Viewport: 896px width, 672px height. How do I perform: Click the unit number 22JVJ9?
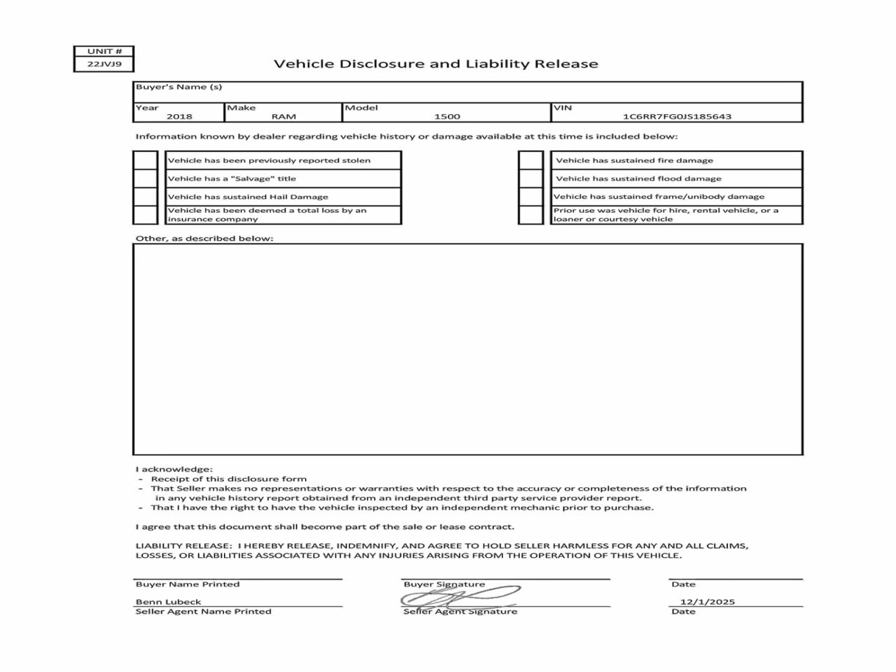104,64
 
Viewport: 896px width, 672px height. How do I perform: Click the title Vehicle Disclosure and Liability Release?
435,64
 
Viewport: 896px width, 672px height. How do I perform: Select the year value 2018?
179,116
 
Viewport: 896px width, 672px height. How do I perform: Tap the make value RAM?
283,116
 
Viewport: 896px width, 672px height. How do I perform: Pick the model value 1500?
447,116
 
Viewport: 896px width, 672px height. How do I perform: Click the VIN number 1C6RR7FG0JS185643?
677,116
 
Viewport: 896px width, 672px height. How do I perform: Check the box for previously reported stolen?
146,160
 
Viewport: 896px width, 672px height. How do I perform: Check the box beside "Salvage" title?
146,178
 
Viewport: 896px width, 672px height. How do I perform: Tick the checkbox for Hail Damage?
146,197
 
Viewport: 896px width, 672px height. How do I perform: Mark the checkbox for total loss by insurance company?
146,215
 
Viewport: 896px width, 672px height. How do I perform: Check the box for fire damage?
531,160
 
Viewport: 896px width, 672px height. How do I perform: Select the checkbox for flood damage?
531,178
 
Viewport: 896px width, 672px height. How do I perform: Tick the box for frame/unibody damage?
531,197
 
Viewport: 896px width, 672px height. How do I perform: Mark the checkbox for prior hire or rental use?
531,215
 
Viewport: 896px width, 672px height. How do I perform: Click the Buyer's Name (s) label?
178,87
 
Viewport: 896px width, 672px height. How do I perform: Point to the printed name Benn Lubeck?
168,601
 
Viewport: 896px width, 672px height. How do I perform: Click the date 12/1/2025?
707,601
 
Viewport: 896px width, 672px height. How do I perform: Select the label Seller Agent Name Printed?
203,611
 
